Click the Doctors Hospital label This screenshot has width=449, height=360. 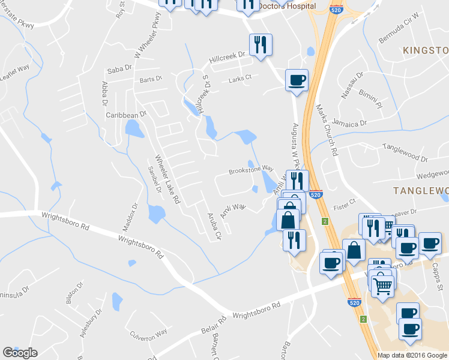pos(286,6)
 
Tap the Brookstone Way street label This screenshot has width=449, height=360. pos(251,171)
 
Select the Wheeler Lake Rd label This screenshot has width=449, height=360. pos(168,179)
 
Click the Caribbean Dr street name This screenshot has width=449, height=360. pos(126,114)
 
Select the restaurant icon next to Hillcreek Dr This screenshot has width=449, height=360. pos(261,45)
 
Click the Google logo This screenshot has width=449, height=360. pos(20,353)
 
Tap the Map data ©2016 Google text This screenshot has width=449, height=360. pos(413,355)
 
